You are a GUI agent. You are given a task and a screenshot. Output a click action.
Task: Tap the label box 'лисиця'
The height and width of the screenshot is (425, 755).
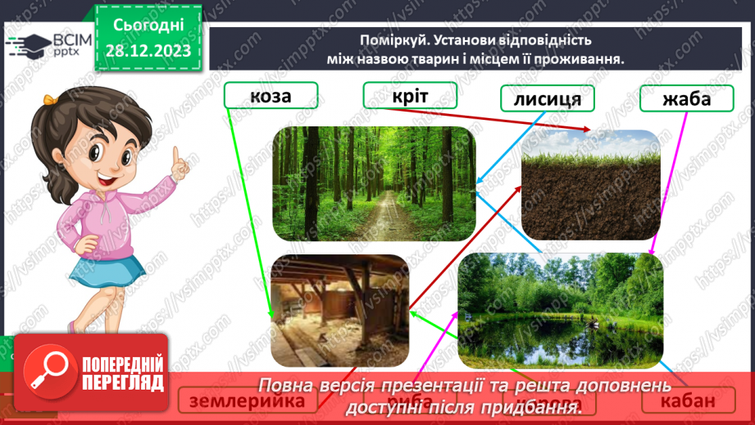(547, 99)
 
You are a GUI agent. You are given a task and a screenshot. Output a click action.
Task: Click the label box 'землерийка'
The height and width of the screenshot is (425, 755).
(247, 400)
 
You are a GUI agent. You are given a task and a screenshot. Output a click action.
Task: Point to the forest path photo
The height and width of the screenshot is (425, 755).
(373, 183)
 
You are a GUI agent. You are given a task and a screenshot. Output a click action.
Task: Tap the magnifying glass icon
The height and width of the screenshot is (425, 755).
(48, 372)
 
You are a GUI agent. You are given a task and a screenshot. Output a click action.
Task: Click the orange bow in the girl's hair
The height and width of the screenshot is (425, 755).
(52, 100)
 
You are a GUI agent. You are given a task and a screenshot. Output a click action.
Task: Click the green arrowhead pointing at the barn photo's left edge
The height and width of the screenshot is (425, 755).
(272, 316)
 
